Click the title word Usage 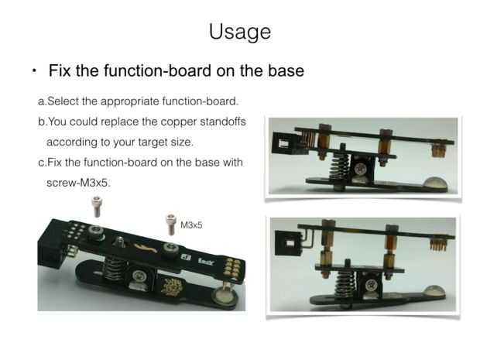[240, 32]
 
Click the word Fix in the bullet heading [60, 70]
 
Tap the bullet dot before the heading [34, 71]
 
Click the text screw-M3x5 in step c [78, 183]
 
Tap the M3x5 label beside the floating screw [191, 225]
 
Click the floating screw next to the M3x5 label [171, 225]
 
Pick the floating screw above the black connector [97, 207]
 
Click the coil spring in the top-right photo [339, 166]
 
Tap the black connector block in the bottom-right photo [290, 243]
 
